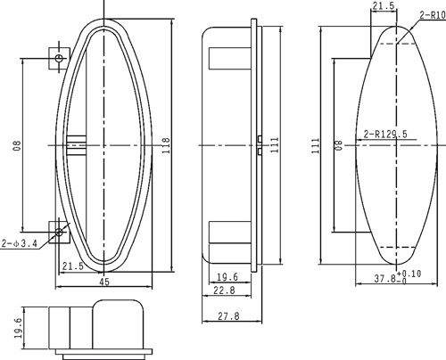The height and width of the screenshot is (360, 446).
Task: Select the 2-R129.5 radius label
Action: coord(386,135)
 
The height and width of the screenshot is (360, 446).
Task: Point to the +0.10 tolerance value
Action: coord(410,274)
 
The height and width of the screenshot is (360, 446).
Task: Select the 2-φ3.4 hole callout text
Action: coord(20,241)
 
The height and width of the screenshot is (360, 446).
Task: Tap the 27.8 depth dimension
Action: coord(230,315)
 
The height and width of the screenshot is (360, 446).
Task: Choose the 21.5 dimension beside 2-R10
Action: coord(383,6)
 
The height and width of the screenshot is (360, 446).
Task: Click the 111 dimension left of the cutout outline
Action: coord(315,145)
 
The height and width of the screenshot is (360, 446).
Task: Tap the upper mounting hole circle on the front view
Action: coord(59,58)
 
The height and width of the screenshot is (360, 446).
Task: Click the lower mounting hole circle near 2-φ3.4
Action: coord(59,233)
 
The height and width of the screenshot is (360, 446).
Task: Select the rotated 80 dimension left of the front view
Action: coord(16,146)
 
